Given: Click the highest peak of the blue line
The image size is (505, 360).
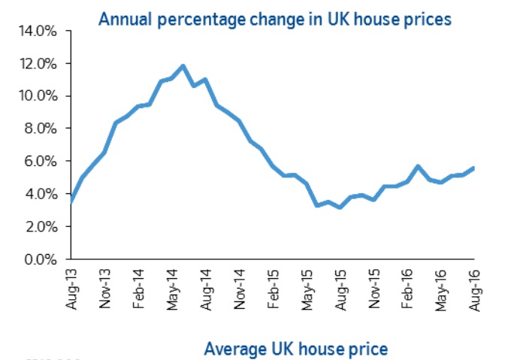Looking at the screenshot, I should pos(183,66).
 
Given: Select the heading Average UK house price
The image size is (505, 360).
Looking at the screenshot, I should pos(296,348).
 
